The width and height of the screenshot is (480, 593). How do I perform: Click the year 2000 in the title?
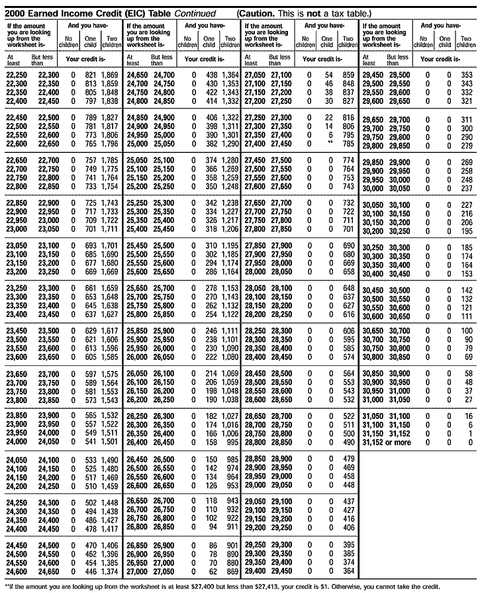click(15, 13)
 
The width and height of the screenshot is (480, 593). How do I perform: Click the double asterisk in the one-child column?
click(328, 142)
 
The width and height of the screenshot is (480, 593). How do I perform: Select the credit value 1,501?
click(109, 441)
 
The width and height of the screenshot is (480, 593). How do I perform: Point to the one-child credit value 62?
click(213, 570)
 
